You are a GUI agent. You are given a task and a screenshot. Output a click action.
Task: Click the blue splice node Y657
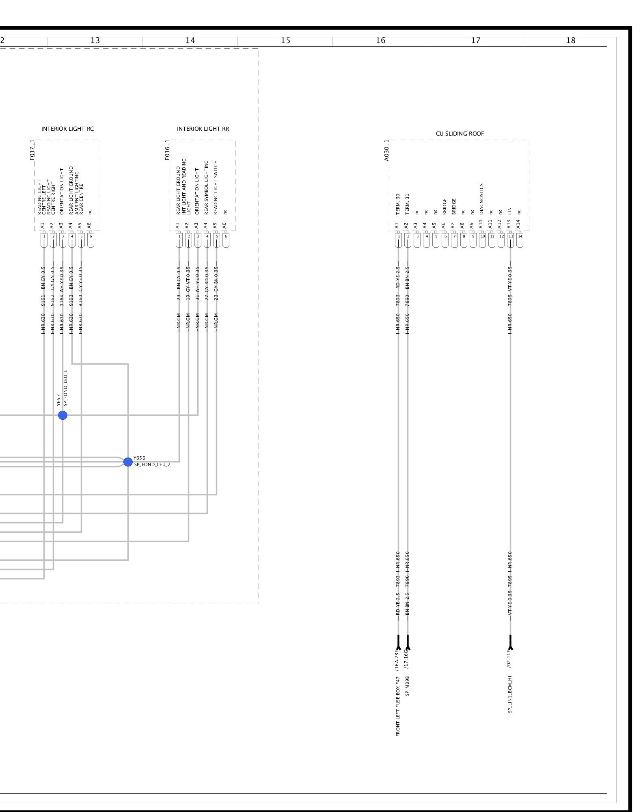coord(63,415)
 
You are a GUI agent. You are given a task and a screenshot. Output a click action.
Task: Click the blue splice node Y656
coord(128,462)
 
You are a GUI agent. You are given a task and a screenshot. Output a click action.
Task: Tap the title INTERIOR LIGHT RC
coord(67,129)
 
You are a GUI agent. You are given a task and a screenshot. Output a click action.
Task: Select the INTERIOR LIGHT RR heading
coord(203,129)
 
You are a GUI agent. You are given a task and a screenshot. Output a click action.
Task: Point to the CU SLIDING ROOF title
coord(460,134)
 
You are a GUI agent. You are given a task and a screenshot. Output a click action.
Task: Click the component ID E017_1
coord(32,150)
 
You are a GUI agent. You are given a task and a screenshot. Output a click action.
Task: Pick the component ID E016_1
coord(167,150)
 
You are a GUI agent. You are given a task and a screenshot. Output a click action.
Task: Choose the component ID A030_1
coord(386,150)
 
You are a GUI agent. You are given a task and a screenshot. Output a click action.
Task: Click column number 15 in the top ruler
coord(285,40)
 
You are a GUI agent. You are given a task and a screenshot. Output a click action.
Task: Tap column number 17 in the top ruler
coord(476,40)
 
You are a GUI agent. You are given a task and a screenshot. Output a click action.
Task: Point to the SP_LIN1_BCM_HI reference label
coord(510,694)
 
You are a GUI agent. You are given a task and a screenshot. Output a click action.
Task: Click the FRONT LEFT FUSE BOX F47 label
coord(398,706)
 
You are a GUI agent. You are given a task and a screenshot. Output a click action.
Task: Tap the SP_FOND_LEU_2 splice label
coord(152,464)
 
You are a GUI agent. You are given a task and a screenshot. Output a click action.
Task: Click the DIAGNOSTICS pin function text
coord(481,199)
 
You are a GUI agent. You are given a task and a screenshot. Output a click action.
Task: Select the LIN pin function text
coord(509,211)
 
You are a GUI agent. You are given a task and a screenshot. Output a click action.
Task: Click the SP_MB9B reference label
coord(408,686)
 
